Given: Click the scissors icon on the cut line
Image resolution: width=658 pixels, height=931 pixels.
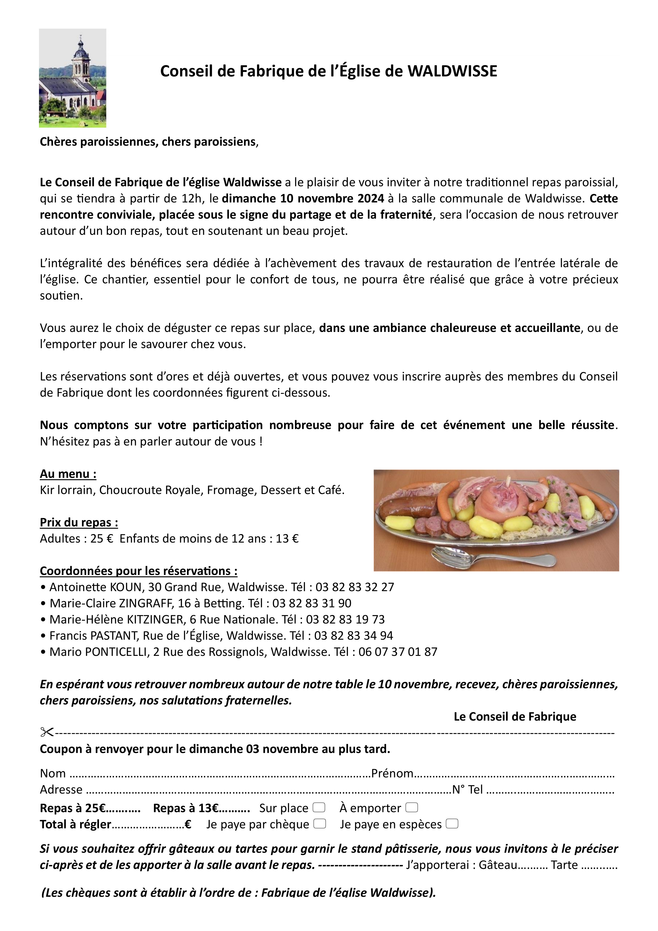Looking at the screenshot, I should point(47,732).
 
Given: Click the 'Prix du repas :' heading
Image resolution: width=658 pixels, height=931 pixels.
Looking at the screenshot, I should point(79,522).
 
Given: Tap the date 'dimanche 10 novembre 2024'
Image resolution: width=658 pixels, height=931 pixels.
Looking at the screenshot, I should point(303,198).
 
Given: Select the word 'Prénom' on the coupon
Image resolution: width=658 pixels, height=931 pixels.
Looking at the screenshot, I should point(392,773).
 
